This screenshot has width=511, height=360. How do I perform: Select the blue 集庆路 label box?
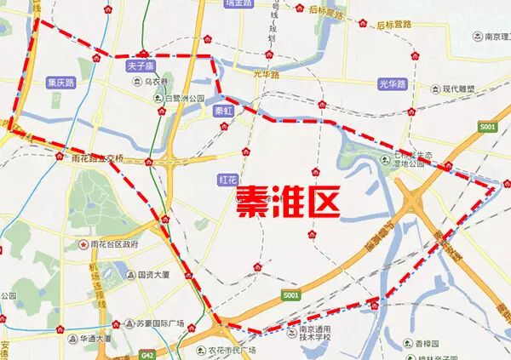pyautogui.click(x=60, y=83)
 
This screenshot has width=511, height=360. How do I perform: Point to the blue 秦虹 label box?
pyautogui.click(x=224, y=110)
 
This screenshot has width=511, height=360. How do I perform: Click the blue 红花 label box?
pyautogui.click(x=227, y=179)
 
